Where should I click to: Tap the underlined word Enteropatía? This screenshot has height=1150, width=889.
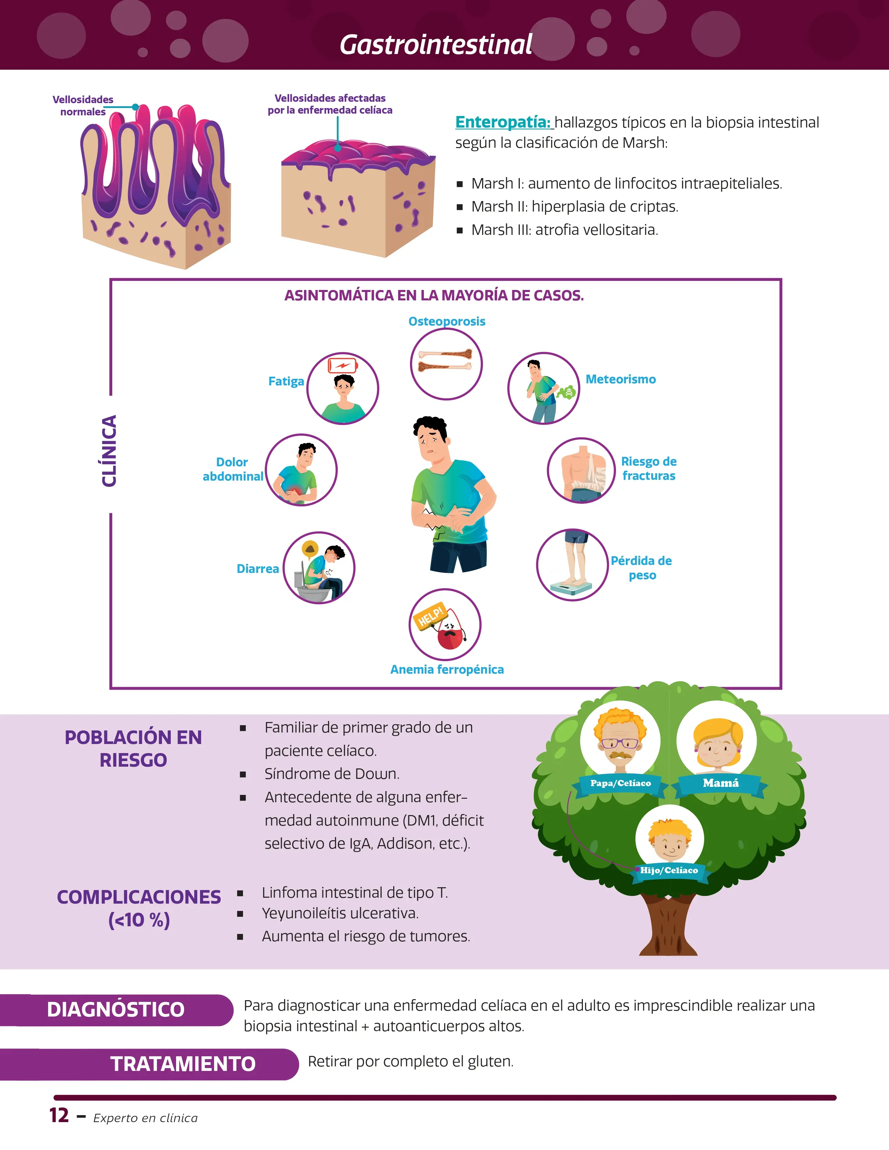[503, 122]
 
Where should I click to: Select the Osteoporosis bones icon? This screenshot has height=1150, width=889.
[446, 363]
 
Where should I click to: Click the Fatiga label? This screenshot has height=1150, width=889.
[286, 381]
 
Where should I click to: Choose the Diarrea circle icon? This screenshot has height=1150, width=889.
[319, 568]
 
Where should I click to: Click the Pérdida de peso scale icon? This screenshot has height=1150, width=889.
[572, 565]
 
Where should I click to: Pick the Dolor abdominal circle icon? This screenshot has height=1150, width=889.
[301, 470]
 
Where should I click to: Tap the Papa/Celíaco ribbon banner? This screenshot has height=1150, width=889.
[621, 783]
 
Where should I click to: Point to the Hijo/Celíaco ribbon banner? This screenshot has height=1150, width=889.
[669, 871]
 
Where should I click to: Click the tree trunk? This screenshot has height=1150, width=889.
[668, 927]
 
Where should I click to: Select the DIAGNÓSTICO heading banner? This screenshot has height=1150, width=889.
[116, 1010]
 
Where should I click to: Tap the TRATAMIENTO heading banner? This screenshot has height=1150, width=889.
[182, 1064]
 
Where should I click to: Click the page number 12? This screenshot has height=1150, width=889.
[59, 1115]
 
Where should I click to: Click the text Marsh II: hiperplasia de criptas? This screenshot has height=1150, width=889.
[575, 206]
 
